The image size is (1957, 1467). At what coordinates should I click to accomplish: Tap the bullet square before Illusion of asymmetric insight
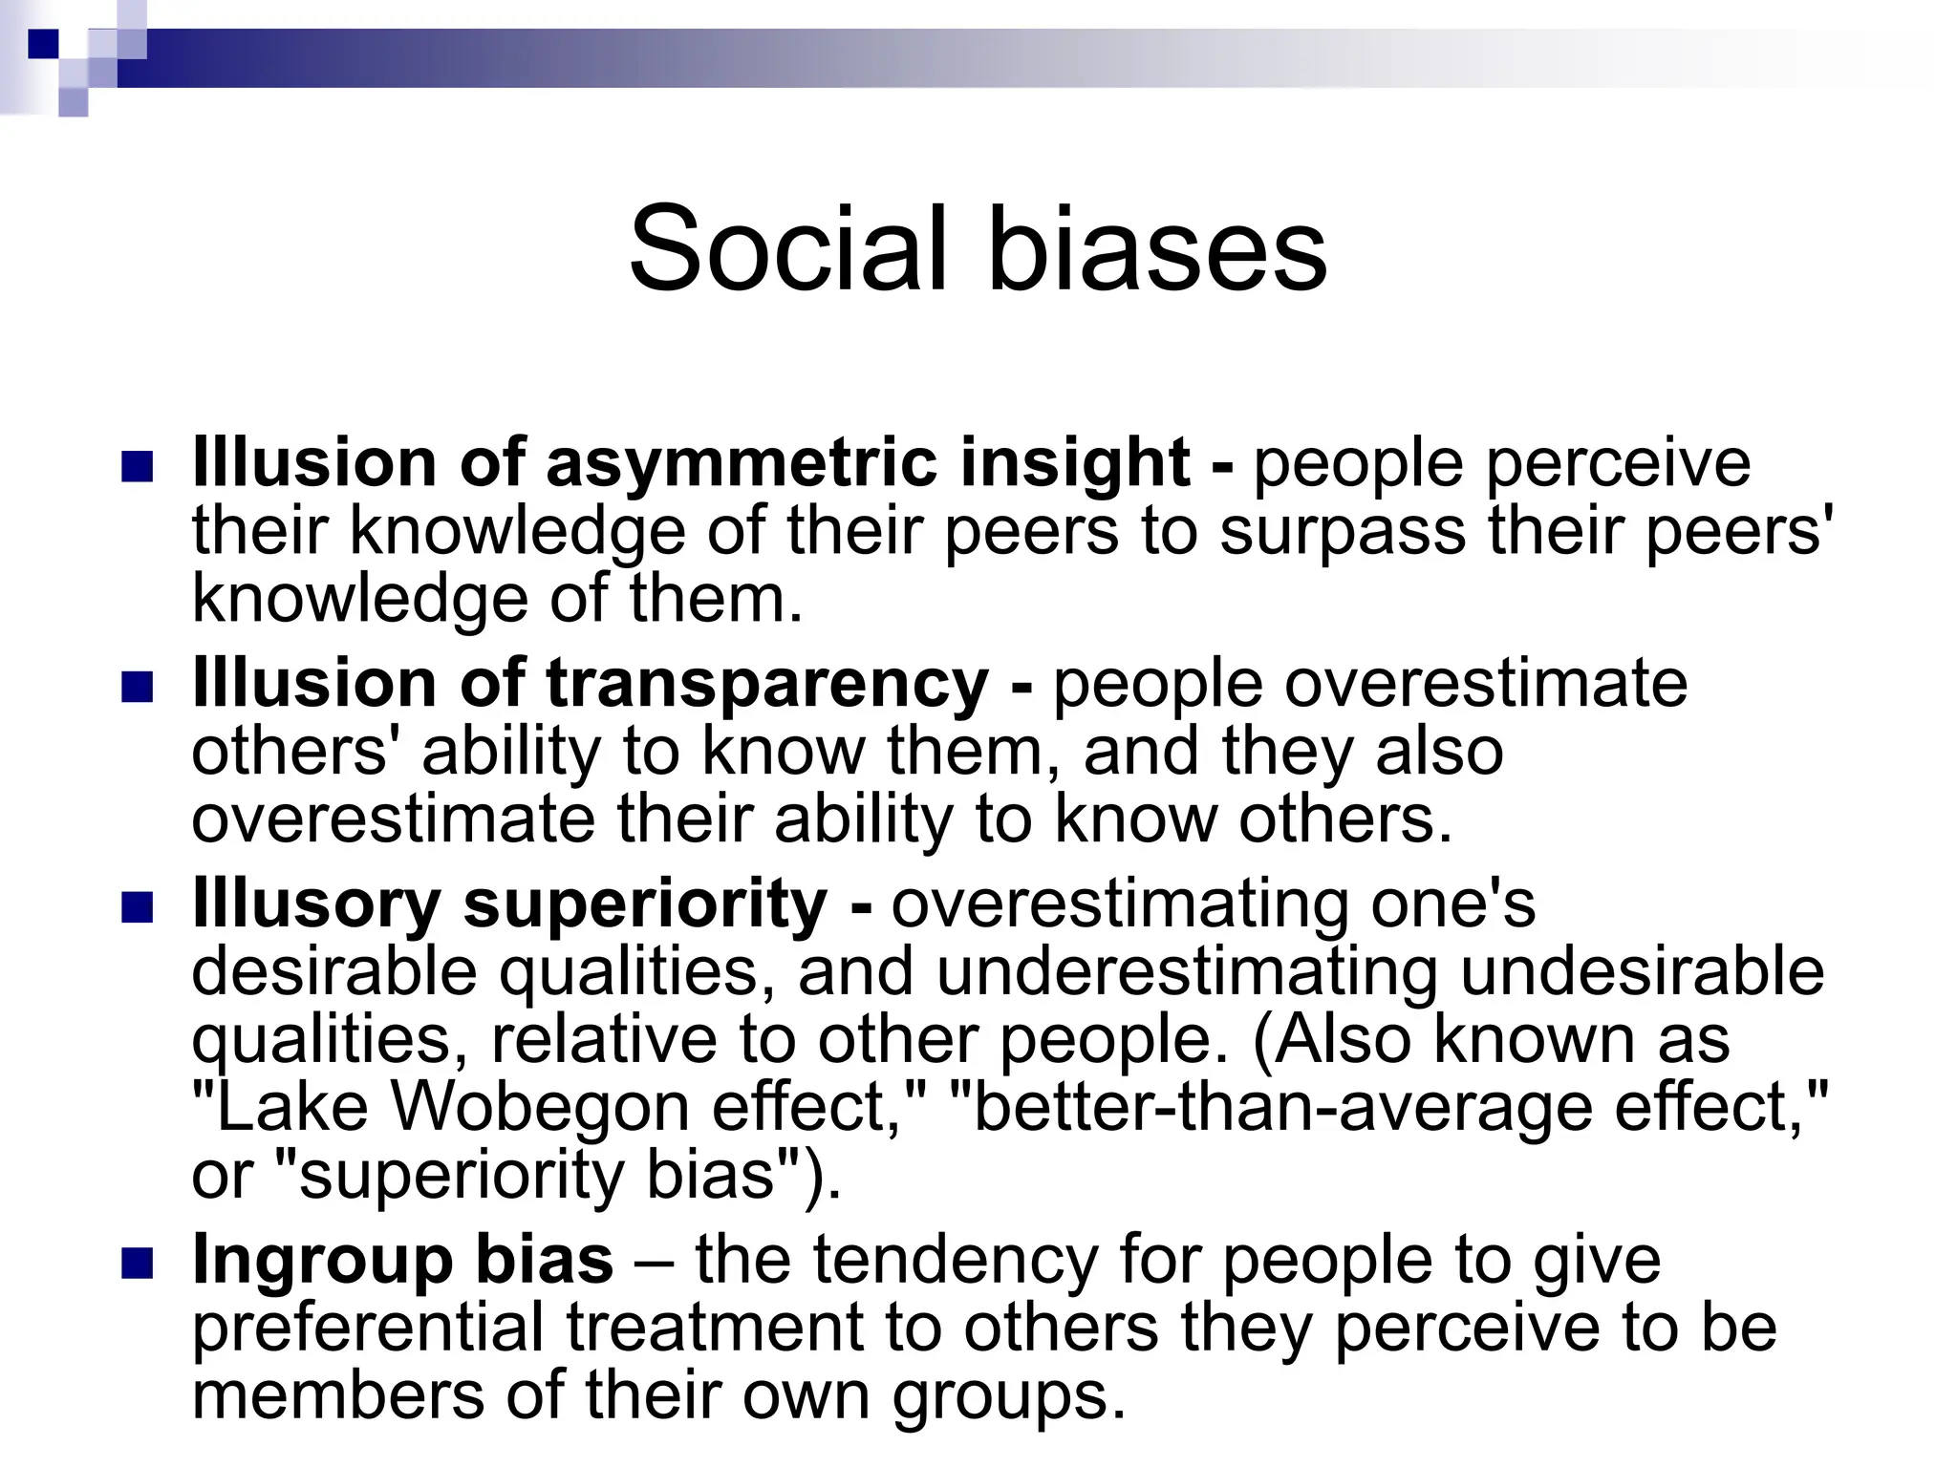tap(139, 467)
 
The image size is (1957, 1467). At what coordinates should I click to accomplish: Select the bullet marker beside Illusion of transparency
tap(139, 687)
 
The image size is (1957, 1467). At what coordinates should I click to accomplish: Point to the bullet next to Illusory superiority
tap(139, 907)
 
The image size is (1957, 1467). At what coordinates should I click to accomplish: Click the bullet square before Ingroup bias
tap(139, 1263)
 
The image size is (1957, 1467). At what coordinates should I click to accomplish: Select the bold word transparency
tap(766, 686)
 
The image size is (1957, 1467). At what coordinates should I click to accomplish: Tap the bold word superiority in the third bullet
tap(645, 904)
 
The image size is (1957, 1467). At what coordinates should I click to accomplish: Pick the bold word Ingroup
tap(322, 1261)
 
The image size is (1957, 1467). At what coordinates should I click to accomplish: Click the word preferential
tap(367, 1329)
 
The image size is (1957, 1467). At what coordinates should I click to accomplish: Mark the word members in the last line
tap(338, 1396)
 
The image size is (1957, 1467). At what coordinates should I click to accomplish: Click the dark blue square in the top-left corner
tap(44, 44)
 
